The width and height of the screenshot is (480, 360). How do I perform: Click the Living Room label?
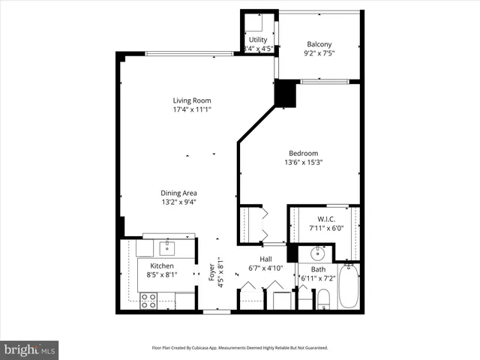191,100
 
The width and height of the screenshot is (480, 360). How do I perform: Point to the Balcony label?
319,44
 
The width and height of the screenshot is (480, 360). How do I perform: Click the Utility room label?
258,40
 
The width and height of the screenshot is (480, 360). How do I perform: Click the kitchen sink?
164,247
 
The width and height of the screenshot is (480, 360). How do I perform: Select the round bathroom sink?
318,251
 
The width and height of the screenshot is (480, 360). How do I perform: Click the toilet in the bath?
323,301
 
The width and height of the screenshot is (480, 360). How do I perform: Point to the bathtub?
349,289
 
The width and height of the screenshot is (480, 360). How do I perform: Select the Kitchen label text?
161,266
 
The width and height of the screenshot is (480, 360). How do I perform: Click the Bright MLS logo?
30,349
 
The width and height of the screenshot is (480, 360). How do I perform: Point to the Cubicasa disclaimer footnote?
240,348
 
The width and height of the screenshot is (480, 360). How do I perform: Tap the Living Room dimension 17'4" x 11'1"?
191,110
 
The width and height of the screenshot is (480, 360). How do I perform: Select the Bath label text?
319,269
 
